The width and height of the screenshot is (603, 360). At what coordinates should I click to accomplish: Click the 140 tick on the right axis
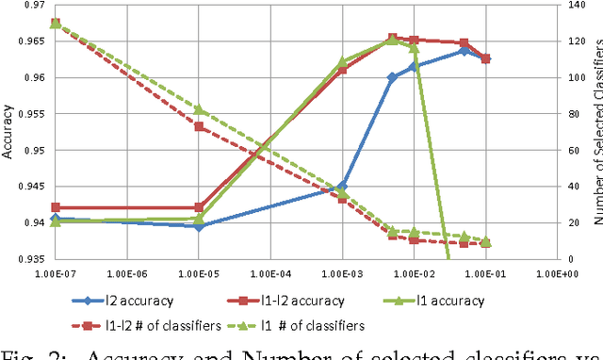pyautogui.click(x=579, y=6)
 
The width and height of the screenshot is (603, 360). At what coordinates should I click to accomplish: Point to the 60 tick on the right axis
pyautogui.click(x=576, y=150)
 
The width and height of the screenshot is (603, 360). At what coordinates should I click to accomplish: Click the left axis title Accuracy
pyautogui.click(x=8, y=132)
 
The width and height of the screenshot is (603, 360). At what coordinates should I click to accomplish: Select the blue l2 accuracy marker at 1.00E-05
pyautogui.click(x=198, y=226)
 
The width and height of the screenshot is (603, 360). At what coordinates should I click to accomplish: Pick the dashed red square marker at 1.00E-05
pyautogui.click(x=199, y=126)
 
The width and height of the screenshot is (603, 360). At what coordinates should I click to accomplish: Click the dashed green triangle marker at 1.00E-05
pyautogui.click(x=199, y=110)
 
